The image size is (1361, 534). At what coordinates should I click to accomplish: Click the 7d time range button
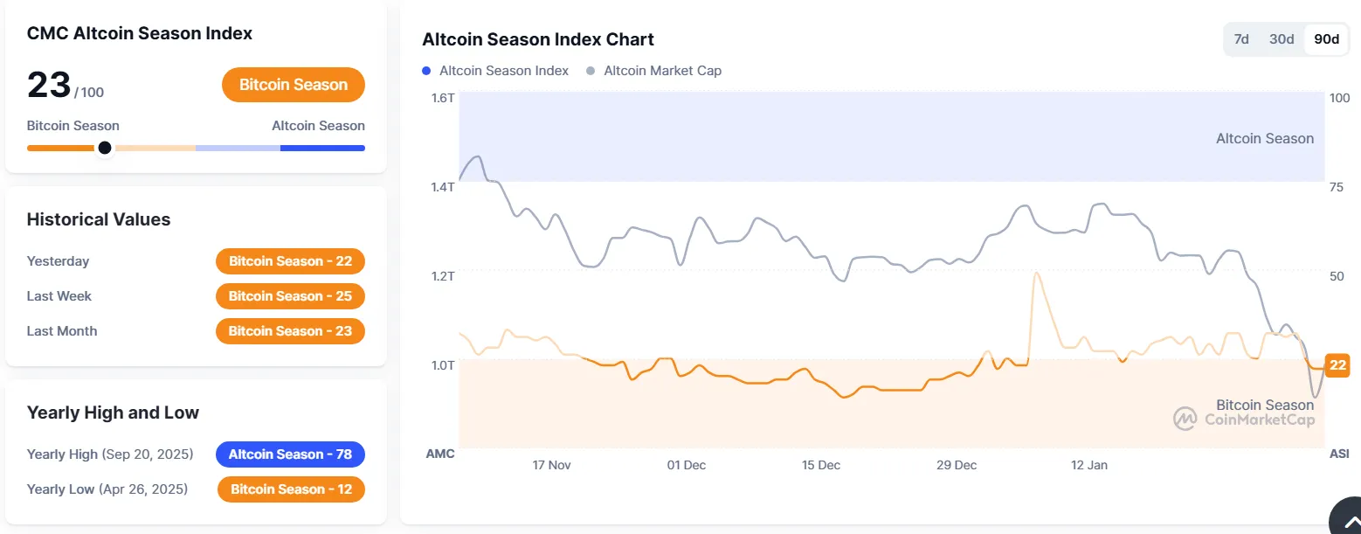click(x=1240, y=39)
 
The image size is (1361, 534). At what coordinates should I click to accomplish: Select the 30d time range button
click(x=1282, y=39)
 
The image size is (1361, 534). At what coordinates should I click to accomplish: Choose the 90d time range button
click(x=1327, y=39)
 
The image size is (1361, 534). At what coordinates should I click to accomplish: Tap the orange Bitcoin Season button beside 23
click(x=294, y=85)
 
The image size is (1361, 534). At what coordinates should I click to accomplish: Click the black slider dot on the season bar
click(x=105, y=148)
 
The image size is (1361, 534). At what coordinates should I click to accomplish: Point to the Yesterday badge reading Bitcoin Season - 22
click(x=290, y=261)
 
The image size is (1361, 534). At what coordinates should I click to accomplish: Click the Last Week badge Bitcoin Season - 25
click(x=290, y=296)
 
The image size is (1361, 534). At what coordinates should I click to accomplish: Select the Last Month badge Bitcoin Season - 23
click(x=290, y=331)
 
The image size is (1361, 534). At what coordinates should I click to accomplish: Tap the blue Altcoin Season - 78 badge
click(x=290, y=454)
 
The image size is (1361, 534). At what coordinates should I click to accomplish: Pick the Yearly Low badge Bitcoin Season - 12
click(x=291, y=489)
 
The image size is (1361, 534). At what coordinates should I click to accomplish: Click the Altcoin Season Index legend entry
click(x=496, y=71)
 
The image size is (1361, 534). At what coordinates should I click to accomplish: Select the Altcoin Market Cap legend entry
click(x=655, y=71)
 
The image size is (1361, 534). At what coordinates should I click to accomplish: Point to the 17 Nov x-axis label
click(x=551, y=465)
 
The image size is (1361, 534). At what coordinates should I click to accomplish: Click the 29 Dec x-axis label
click(x=956, y=465)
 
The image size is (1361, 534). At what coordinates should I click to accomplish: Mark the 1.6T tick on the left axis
click(x=443, y=98)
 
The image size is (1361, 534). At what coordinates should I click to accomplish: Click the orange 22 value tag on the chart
click(x=1337, y=365)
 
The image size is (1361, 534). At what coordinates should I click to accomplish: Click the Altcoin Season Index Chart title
click(x=538, y=39)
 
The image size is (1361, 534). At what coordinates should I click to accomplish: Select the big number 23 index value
click(x=49, y=86)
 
